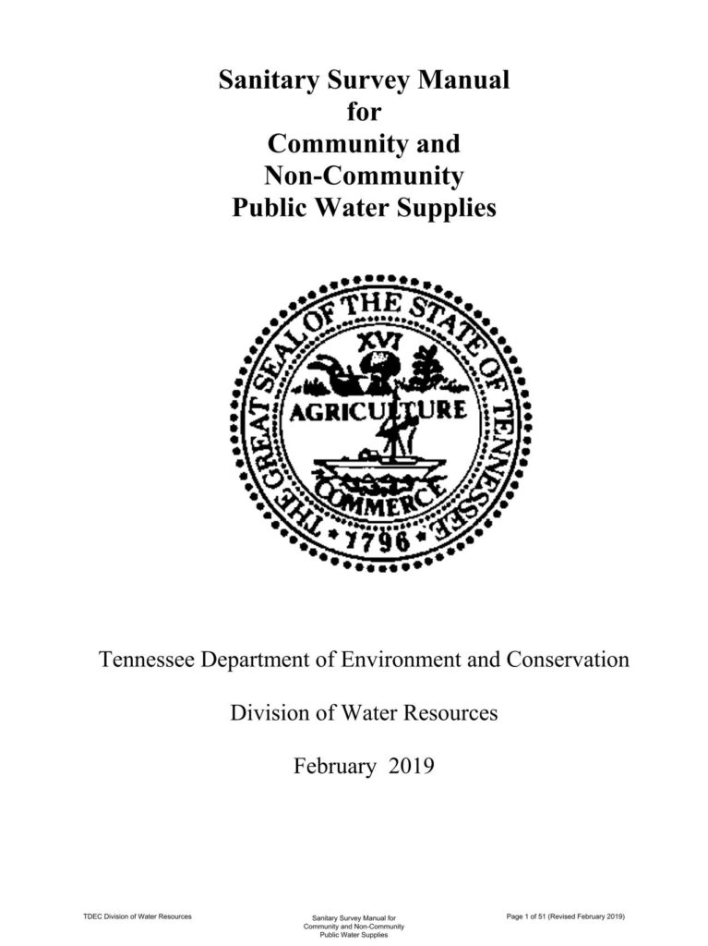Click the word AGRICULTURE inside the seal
[378, 413]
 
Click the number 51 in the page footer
[538, 916]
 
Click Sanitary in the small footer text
[329, 918]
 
